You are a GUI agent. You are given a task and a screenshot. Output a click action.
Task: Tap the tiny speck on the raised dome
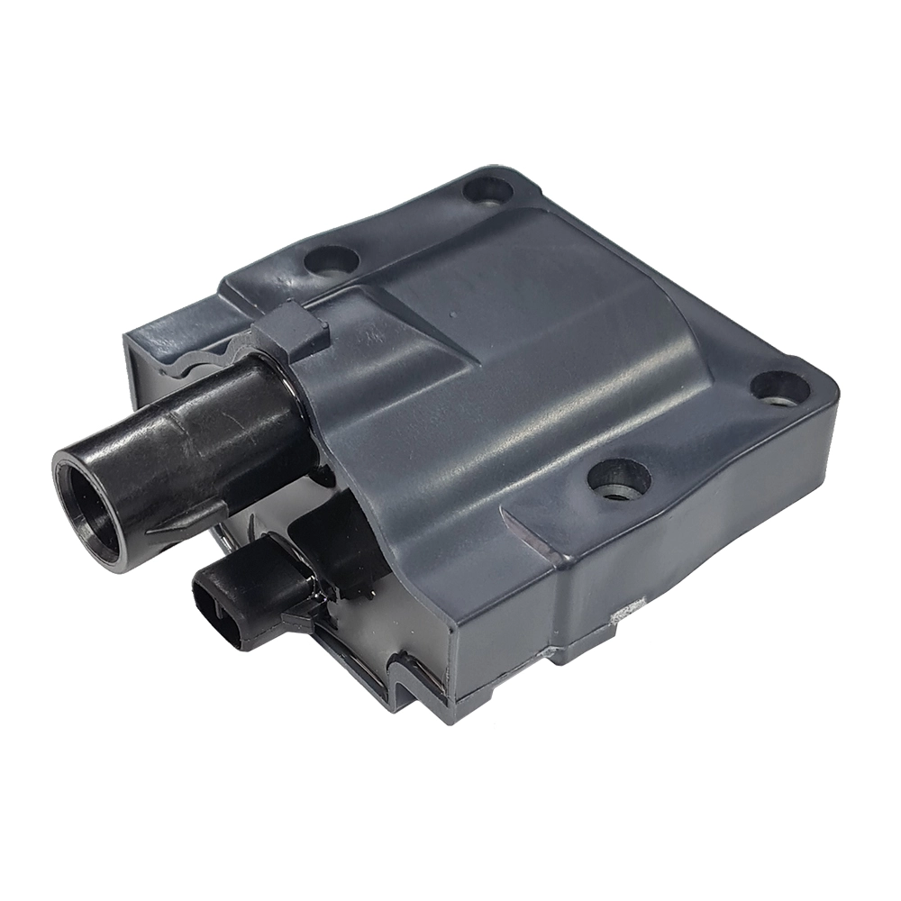point(451,315)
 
